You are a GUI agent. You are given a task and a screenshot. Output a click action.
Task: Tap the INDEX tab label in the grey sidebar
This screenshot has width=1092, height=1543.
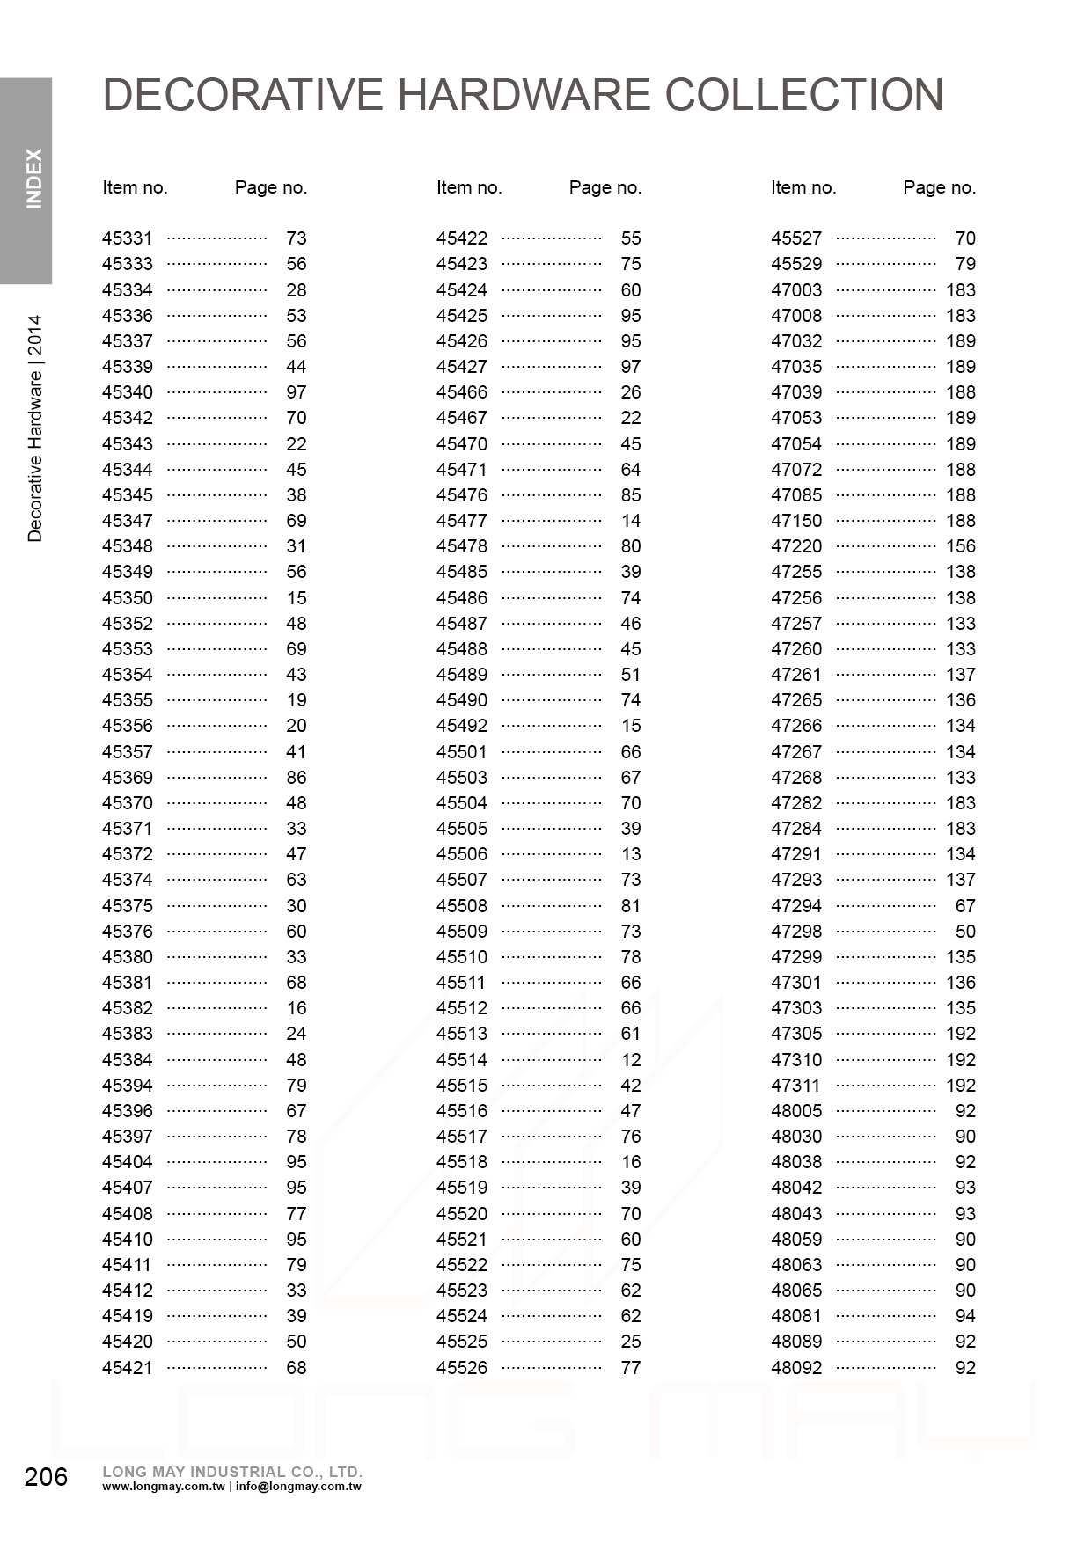(x=33, y=179)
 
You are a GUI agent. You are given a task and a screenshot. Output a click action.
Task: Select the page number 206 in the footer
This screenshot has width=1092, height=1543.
(x=46, y=1477)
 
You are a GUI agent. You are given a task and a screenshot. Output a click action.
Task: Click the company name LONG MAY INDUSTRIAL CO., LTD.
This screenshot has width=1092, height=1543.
(x=232, y=1472)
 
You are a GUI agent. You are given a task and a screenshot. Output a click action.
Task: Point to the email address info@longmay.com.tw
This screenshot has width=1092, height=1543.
(x=298, y=1488)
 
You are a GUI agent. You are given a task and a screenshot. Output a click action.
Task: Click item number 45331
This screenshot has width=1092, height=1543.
(x=128, y=238)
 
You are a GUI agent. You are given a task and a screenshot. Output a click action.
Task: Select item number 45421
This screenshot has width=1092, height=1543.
(x=128, y=1368)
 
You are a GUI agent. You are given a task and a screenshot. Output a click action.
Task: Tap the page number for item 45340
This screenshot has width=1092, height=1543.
(x=296, y=392)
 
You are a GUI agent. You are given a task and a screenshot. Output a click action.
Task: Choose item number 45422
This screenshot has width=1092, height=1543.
(x=462, y=238)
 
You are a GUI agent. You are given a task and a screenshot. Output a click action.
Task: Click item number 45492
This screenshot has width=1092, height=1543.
(x=462, y=726)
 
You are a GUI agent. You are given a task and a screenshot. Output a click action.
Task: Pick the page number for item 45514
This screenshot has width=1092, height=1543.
(x=630, y=1060)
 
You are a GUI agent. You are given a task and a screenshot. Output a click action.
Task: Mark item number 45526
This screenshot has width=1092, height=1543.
(x=462, y=1368)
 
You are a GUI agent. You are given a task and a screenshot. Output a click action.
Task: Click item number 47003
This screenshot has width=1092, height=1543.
(x=796, y=290)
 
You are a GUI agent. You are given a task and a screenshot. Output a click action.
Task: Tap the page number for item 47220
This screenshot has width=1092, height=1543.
(x=961, y=546)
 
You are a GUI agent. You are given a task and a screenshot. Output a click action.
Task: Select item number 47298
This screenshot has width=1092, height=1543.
(x=796, y=932)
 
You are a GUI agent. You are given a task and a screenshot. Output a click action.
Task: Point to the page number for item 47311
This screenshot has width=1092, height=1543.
(x=961, y=1086)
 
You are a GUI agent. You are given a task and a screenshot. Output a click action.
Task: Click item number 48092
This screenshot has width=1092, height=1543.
(x=796, y=1368)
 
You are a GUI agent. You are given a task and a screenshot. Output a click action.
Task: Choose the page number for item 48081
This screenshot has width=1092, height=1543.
(x=965, y=1316)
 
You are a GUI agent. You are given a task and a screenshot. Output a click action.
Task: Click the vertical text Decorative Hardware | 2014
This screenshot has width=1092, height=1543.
(x=34, y=428)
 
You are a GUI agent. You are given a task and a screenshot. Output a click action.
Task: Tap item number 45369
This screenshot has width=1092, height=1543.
(x=128, y=778)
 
